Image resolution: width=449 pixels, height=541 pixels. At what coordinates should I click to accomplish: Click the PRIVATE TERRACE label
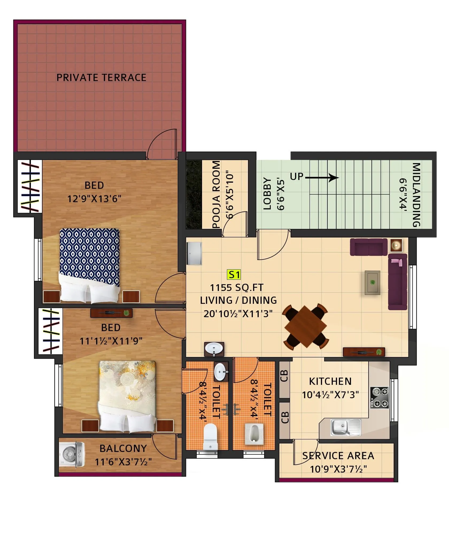[101, 78]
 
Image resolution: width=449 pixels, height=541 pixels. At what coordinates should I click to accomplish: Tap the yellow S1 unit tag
[234, 275]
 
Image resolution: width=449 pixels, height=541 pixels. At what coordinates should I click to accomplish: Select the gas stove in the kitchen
[379, 397]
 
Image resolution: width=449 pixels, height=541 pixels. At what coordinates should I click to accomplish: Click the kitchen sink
[345, 427]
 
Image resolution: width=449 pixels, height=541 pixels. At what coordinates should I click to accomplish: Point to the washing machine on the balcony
[72, 455]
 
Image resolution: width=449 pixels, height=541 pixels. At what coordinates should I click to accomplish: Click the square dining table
[305, 327]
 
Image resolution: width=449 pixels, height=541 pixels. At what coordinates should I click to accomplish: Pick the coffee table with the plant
[372, 282]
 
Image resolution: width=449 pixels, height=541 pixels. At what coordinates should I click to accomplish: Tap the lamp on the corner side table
[396, 245]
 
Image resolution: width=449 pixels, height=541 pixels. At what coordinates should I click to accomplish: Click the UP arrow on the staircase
[322, 177]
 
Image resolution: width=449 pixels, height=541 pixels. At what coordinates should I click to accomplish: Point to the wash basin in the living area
[214, 349]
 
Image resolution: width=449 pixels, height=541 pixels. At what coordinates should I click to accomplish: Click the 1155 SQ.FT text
[237, 288]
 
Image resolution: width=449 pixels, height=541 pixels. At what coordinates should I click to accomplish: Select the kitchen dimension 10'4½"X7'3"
[330, 395]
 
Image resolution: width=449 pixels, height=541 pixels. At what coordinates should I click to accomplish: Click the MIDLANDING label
[416, 195]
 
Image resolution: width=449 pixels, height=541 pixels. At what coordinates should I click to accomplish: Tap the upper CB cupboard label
[284, 376]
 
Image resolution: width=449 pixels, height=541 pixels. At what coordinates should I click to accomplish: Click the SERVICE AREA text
[338, 456]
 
